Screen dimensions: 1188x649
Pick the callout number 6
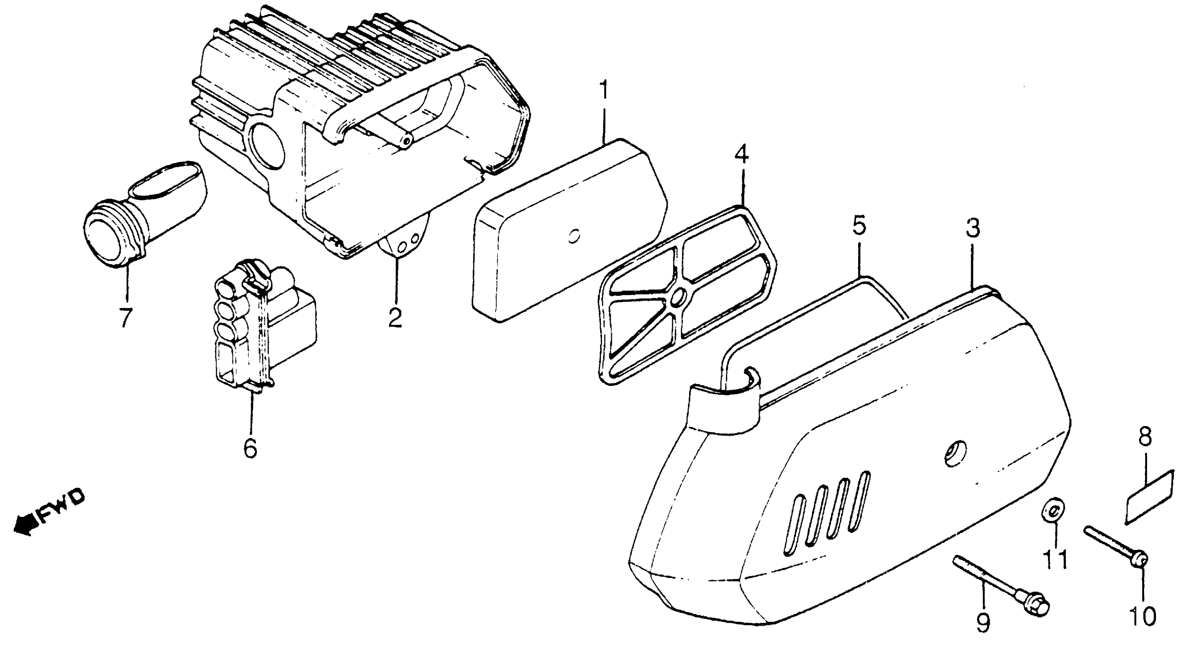250,447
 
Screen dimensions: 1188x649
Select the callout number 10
1142,615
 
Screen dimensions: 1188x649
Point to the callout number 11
1055,560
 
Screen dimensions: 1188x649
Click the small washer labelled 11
1053,510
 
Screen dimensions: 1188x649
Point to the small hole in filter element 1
574,237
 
